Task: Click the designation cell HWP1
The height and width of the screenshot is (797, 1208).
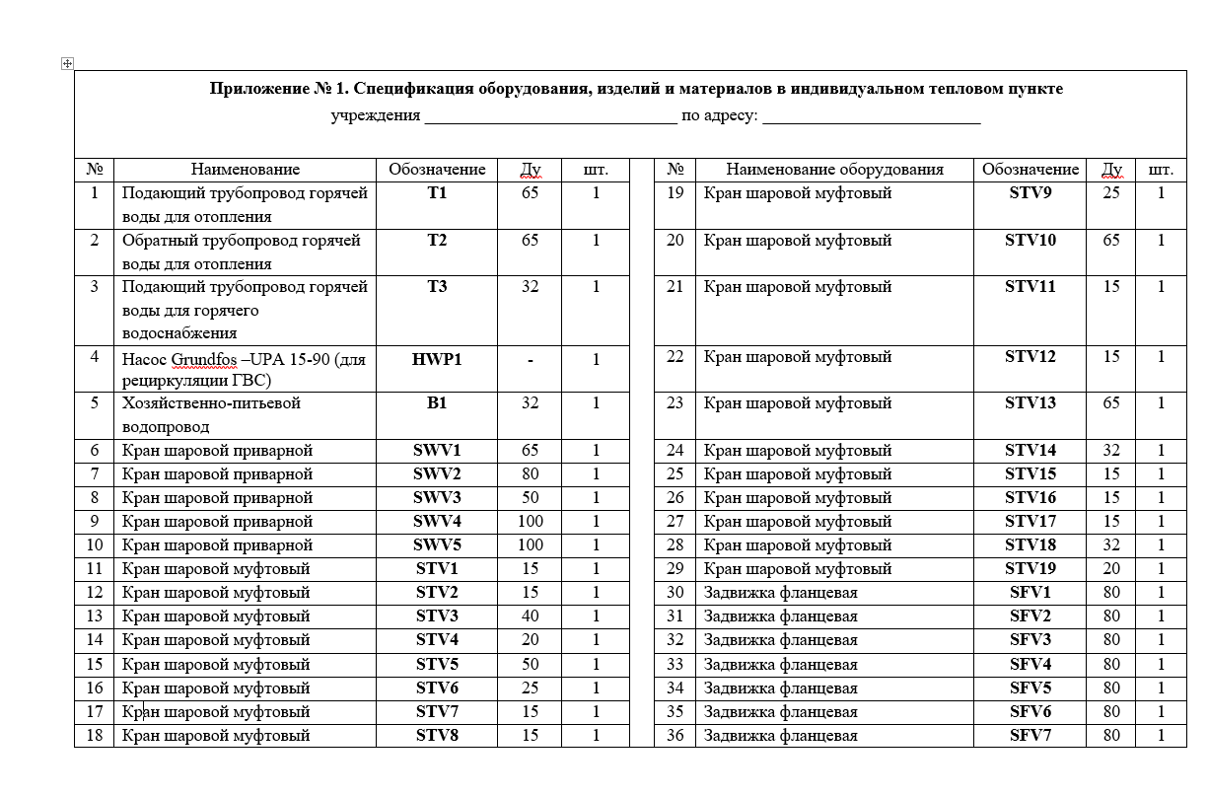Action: [x=437, y=359]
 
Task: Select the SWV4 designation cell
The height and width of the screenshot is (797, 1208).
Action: [x=437, y=521]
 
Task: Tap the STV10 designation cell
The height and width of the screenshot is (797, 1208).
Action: [x=1030, y=240]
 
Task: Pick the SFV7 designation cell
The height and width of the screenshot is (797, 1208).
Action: [x=1030, y=735]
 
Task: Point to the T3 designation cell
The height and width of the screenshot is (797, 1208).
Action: [x=437, y=286]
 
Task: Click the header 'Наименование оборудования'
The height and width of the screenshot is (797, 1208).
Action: [x=834, y=169]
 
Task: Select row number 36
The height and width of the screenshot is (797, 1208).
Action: [x=675, y=735]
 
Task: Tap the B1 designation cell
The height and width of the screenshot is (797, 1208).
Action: [x=437, y=402]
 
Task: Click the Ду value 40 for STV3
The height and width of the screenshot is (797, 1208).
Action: [x=530, y=616]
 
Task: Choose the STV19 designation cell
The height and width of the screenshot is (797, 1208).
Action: [x=1030, y=568]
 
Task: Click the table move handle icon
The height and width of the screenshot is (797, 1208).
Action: [x=67, y=63]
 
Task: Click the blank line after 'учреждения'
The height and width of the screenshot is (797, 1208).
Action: [x=549, y=116]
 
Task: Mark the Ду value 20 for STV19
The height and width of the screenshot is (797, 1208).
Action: [x=1111, y=568]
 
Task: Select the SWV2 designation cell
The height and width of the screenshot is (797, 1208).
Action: [x=437, y=473]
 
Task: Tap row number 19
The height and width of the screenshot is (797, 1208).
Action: [x=675, y=192]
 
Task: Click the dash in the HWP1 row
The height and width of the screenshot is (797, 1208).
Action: [x=530, y=360]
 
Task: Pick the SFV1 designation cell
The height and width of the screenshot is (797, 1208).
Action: [x=1030, y=592]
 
